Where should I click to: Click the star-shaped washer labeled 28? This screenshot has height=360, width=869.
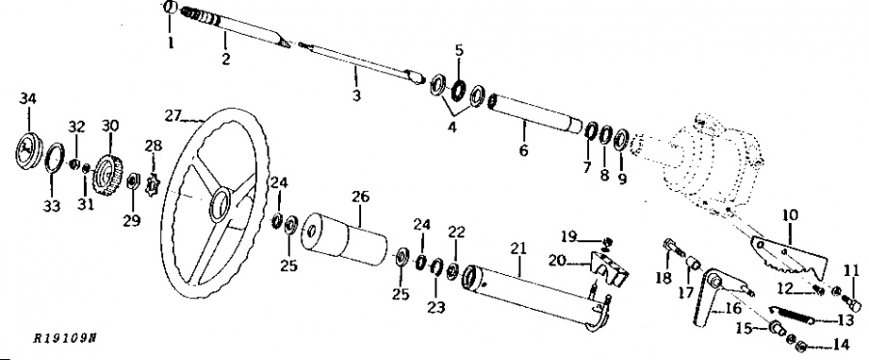[153, 182]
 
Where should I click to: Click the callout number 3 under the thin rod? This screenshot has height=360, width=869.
[356, 97]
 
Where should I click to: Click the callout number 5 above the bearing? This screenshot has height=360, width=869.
[459, 49]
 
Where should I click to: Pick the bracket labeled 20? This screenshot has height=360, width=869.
[604, 268]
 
